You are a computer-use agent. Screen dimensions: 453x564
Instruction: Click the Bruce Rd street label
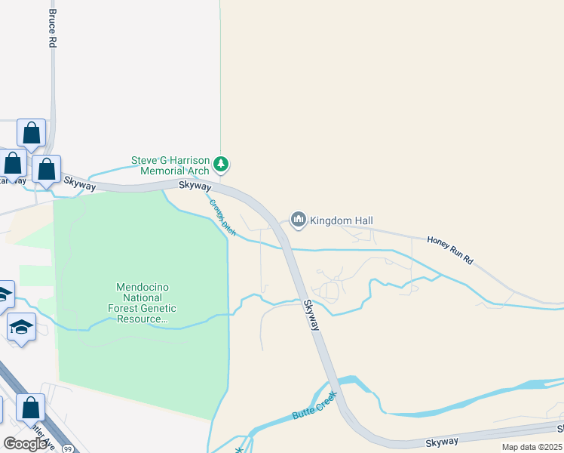pyautogui.click(x=52, y=29)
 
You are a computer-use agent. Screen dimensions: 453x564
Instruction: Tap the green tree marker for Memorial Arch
pyautogui.click(x=221, y=163)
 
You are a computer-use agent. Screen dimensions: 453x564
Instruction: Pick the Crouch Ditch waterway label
pyautogui.click(x=223, y=217)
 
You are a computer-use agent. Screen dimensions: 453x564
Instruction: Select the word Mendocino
pyautogui.click(x=146, y=287)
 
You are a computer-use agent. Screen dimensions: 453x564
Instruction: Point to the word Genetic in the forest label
pyautogui.click(x=156, y=308)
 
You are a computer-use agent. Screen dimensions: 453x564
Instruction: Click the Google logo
pyautogui.click(x=25, y=443)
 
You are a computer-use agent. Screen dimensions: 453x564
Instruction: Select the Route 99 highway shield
pyautogui.click(x=69, y=448)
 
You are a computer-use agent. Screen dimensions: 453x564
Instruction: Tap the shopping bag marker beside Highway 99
pyautogui.click(x=31, y=407)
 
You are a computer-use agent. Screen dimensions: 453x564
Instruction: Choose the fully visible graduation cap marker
pyautogui.click(x=22, y=328)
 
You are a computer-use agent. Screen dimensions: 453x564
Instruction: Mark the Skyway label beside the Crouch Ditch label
pyautogui.click(x=195, y=185)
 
